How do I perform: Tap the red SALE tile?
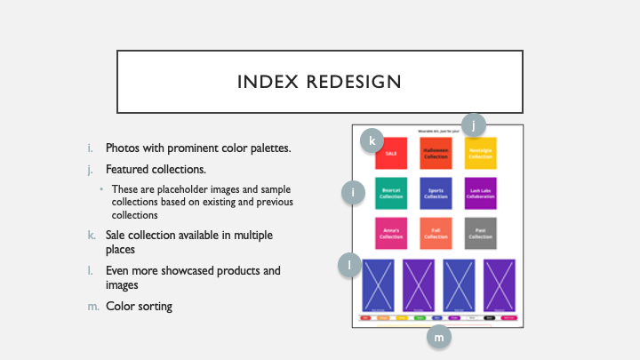391,154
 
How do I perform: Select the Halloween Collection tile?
436,154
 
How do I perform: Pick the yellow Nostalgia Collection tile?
480,154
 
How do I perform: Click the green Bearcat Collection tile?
391,193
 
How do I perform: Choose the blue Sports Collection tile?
436,193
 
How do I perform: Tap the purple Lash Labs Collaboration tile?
480,193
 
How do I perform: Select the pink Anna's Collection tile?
391,233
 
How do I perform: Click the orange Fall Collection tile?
436,233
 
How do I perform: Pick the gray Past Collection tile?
480,233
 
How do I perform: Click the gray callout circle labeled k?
372,140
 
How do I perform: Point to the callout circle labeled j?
474,125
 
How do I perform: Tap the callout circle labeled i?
355,192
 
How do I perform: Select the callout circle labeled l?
349,264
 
